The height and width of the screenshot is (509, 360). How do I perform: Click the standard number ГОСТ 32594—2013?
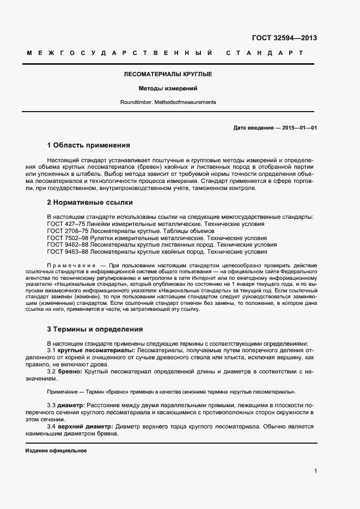pyautogui.click(x=284, y=38)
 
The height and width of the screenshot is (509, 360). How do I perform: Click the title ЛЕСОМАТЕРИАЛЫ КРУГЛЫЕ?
pyautogui.click(x=168, y=73)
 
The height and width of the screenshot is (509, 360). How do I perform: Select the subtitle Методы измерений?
pyautogui.click(x=168, y=88)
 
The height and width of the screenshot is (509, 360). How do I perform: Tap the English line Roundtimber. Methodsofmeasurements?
pyautogui.click(x=168, y=102)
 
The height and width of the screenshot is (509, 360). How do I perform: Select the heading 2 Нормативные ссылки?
pyautogui.click(x=90, y=203)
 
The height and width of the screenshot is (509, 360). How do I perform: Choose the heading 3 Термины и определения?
pyautogui.click(x=95, y=329)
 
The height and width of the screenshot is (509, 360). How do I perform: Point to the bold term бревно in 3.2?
pyautogui.click(x=70, y=371)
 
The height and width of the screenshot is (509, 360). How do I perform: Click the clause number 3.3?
pyautogui.click(x=51, y=406)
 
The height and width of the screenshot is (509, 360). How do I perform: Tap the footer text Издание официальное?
pyautogui.click(x=56, y=451)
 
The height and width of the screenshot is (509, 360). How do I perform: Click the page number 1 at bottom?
pyautogui.click(x=316, y=471)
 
